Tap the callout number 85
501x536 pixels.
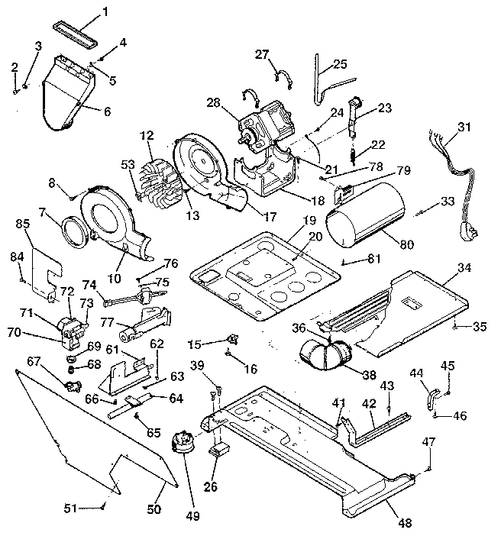click(x=21, y=224)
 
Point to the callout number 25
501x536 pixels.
click(x=340, y=64)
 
